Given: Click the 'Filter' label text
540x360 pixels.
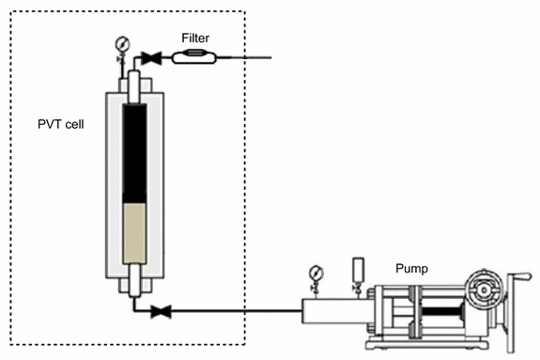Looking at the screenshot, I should pyautogui.click(x=196, y=39).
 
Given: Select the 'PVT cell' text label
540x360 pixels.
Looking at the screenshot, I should pyautogui.click(x=56, y=123).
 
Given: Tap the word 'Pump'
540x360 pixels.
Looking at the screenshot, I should pyautogui.click(x=410, y=268).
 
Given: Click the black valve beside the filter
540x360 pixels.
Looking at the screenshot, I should pyautogui.click(x=151, y=57).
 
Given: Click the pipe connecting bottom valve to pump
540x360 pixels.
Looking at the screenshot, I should pyautogui.click(x=235, y=309).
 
